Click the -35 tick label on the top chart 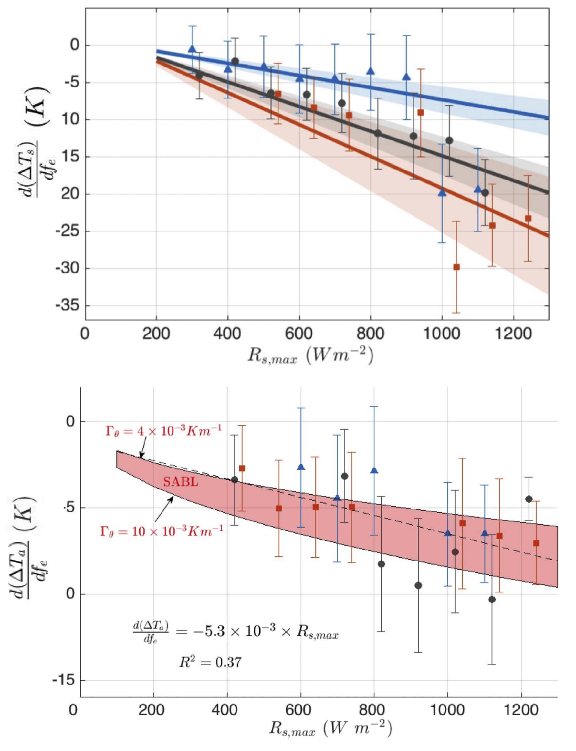[68, 306]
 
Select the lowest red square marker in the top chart [456, 267]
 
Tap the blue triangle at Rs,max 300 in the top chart [192, 49]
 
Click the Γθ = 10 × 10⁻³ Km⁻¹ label [162, 531]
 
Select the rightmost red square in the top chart [528, 218]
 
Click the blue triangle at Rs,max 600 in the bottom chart [301, 467]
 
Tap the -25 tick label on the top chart [68, 231]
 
